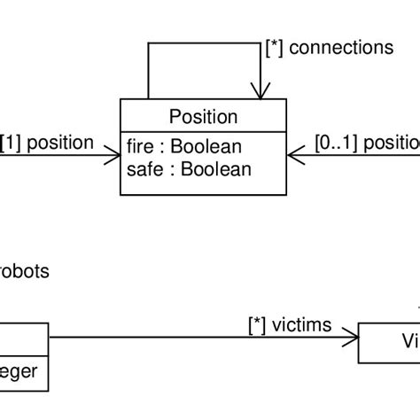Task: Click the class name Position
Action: [202, 117]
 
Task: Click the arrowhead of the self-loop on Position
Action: [260, 89]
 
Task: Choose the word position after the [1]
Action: [60, 142]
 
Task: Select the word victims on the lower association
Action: [303, 325]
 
